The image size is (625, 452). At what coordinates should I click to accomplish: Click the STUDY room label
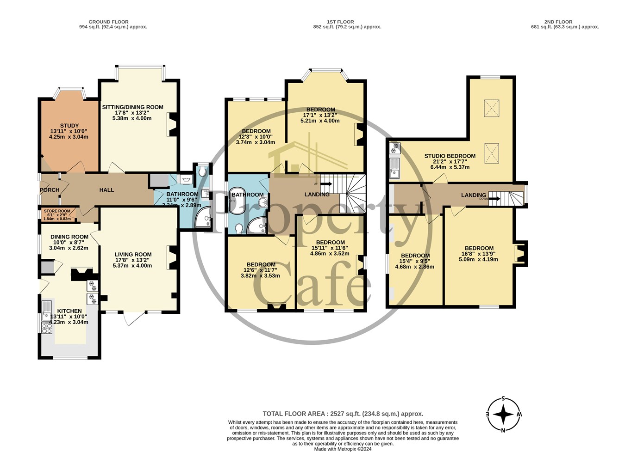coord(69,126)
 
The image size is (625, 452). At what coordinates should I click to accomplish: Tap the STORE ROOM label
coord(57,211)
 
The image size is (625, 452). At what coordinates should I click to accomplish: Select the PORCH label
coord(50,190)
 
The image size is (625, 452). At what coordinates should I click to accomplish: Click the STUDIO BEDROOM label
coord(450,156)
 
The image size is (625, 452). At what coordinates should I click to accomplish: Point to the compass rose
coord(504,415)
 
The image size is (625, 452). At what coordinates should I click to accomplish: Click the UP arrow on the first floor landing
coord(326,184)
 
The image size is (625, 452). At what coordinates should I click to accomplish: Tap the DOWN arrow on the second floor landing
coord(494,199)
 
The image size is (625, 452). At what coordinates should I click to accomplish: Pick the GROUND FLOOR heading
coord(108,22)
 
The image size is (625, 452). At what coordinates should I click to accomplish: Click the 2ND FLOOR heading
coord(558,22)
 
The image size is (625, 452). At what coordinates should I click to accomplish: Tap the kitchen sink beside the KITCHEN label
coord(47,311)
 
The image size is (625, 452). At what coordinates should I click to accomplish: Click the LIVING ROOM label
coord(133,254)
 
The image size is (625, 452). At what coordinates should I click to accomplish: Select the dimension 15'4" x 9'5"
coord(415,261)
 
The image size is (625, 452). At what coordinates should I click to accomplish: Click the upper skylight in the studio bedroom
coord(492,108)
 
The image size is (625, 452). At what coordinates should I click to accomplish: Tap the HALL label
coord(106,190)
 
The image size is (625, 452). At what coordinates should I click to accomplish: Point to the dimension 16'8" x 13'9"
coord(479,254)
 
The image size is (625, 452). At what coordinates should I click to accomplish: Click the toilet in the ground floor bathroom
coord(203,172)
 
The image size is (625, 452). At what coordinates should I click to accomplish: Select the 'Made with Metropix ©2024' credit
coord(343,449)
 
